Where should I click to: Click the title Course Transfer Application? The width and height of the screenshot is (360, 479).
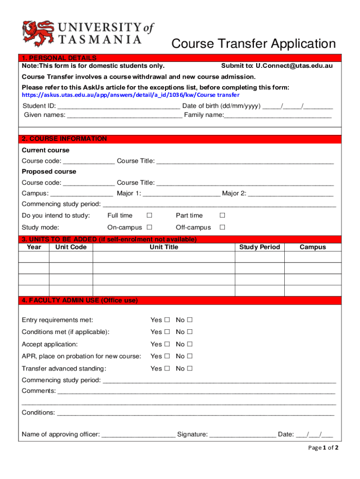[253, 44]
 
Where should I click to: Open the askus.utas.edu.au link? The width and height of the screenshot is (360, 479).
[130, 95]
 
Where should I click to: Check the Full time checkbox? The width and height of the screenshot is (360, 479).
[149, 216]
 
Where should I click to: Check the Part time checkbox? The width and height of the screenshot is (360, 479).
[223, 216]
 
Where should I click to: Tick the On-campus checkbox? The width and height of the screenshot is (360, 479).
[149, 228]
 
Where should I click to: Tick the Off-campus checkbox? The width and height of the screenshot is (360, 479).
[223, 228]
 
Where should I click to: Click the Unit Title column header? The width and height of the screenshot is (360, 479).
[164, 247]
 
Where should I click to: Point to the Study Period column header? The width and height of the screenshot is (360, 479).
[259, 247]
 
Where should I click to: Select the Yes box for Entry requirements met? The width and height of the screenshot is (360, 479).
[166, 320]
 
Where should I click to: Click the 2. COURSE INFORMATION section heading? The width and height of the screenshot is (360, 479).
[65, 139]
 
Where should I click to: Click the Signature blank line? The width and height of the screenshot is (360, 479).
[243, 435]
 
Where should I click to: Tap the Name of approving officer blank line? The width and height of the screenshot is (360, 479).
[138, 435]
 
